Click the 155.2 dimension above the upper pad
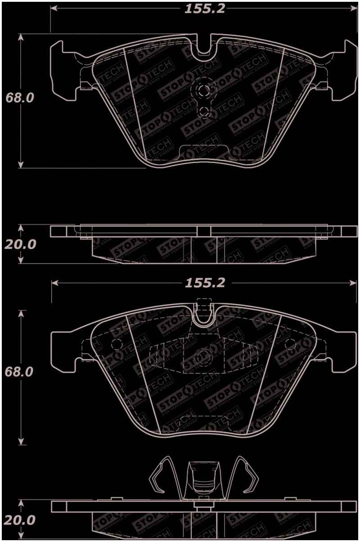click(205, 9)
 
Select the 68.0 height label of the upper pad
click(19, 98)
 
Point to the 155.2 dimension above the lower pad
click(205, 283)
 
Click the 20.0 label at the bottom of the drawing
click(19, 520)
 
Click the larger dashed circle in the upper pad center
click(203, 90)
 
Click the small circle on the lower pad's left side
click(116, 344)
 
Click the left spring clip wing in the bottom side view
click(160, 477)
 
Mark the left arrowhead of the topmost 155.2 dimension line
click(53, 9)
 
